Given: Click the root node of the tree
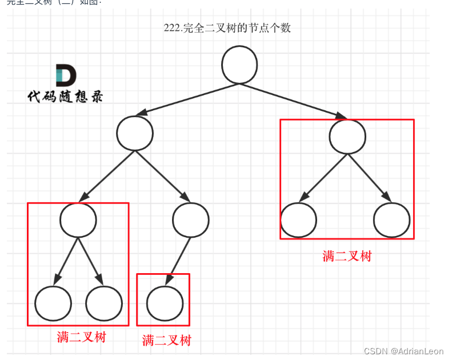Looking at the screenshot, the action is pos(239,64).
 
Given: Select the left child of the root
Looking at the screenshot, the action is pos(135,134).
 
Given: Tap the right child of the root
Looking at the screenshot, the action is pos(348,136).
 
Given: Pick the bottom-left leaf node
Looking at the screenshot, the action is pos(53,303).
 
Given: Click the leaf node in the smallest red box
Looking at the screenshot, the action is pos(165,303).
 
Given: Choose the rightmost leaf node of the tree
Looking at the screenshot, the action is pos(392,220).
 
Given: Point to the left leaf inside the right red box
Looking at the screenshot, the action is pos(298,220).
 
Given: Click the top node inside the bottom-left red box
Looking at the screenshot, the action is pos(78,220).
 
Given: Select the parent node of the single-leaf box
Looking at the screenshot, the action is pos(191,220).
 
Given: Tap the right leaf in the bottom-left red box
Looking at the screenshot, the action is pos(104,303).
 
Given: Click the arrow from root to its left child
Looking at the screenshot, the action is pos(183,98).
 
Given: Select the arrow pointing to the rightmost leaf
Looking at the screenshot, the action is pos(370,177).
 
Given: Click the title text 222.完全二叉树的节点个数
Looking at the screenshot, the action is pos(227,27).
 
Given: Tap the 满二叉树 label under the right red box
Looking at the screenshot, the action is pos(346,255).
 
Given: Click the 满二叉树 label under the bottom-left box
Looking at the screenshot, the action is pos(81,337).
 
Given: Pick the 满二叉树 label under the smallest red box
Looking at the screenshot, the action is pos(166,341).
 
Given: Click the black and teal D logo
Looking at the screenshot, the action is pos(66,75).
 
